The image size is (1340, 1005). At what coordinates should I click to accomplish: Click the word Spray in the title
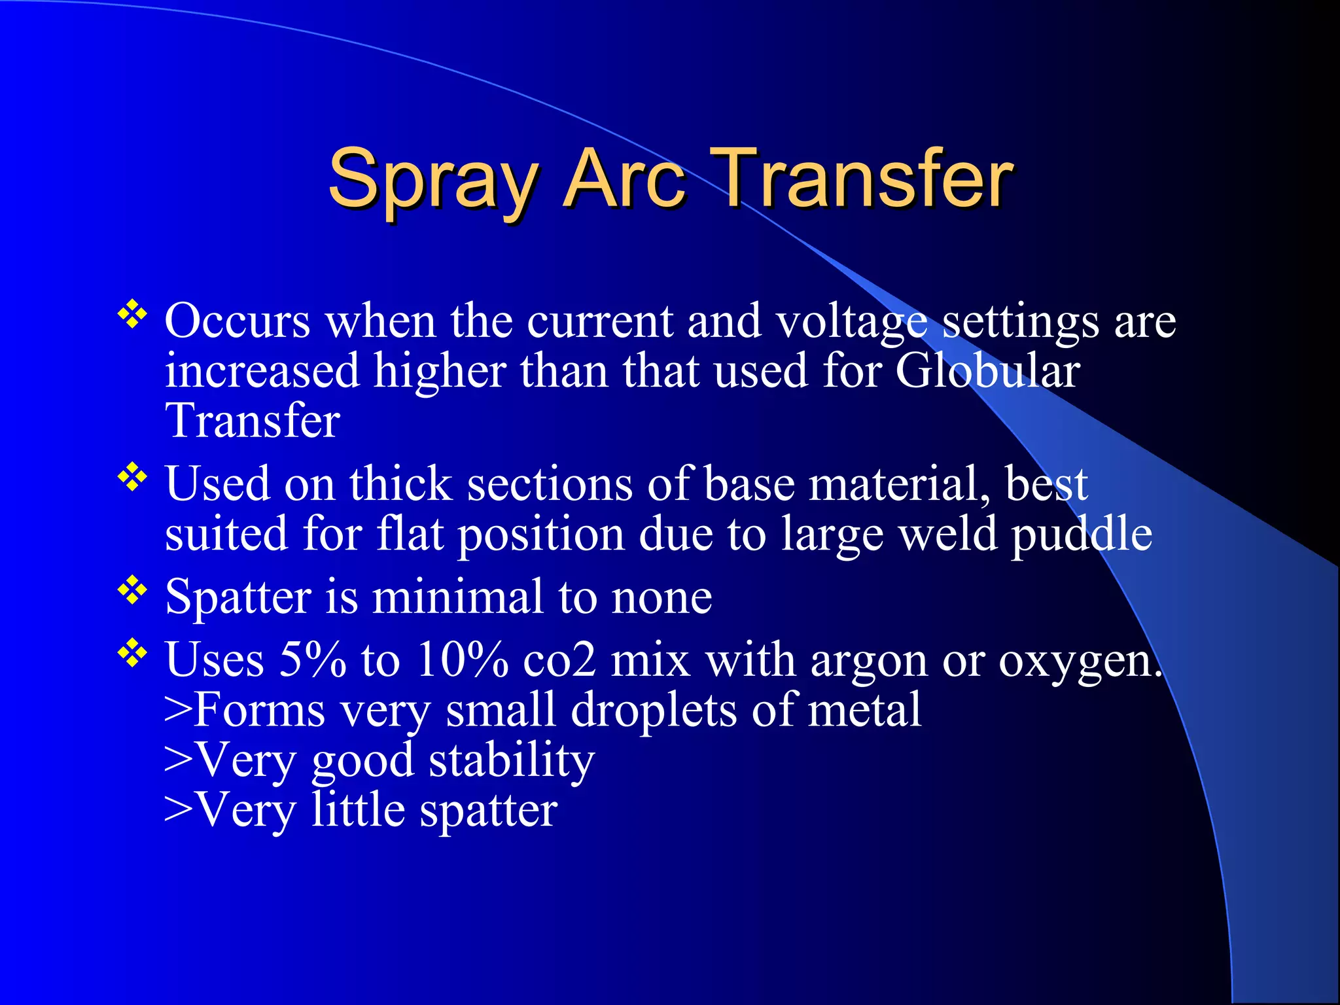pos(432,180)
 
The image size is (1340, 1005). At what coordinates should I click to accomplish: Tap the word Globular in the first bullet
pos(987,371)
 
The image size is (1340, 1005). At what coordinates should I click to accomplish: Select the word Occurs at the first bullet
pos(237,321)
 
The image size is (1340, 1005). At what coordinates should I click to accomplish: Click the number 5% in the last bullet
pos(312,659)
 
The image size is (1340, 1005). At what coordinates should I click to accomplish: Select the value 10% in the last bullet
pos(462,659)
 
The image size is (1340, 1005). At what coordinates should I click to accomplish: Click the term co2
pos(559,660)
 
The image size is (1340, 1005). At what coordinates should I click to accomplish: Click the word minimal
pos(457,597)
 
